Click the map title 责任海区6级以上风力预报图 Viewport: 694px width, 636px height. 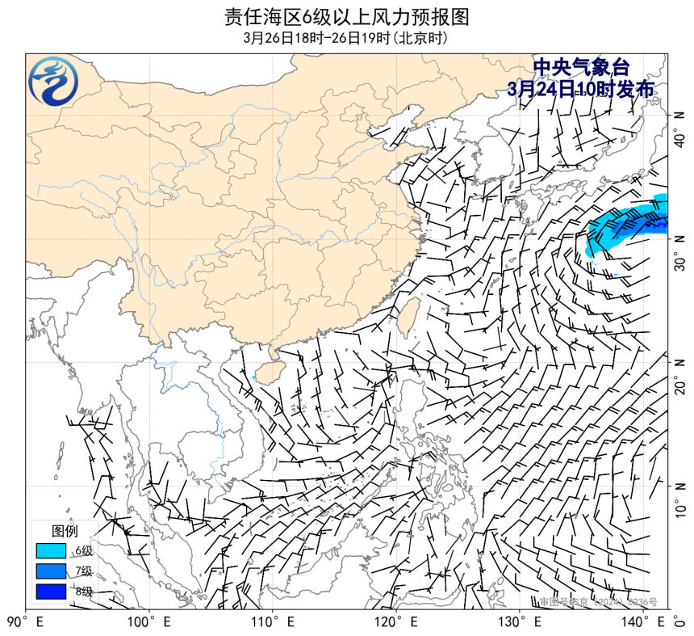click(x=347, y=17)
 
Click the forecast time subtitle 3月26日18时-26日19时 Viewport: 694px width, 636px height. click(x=347, y=38)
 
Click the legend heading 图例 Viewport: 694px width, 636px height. click(x=65, y=532)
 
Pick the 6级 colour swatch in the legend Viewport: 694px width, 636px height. click(x=51, y=551)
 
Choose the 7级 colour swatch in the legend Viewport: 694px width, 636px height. click(x=51, y=571)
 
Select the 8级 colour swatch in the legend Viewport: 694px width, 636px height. click(x=51, y=592)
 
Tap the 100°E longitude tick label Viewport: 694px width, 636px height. click(x=149, y=623)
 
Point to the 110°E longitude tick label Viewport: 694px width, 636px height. click(x=273, y=623)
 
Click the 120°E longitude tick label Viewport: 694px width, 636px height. click(x=396, y=623)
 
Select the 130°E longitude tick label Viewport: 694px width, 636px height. click(x=520, y=623)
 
